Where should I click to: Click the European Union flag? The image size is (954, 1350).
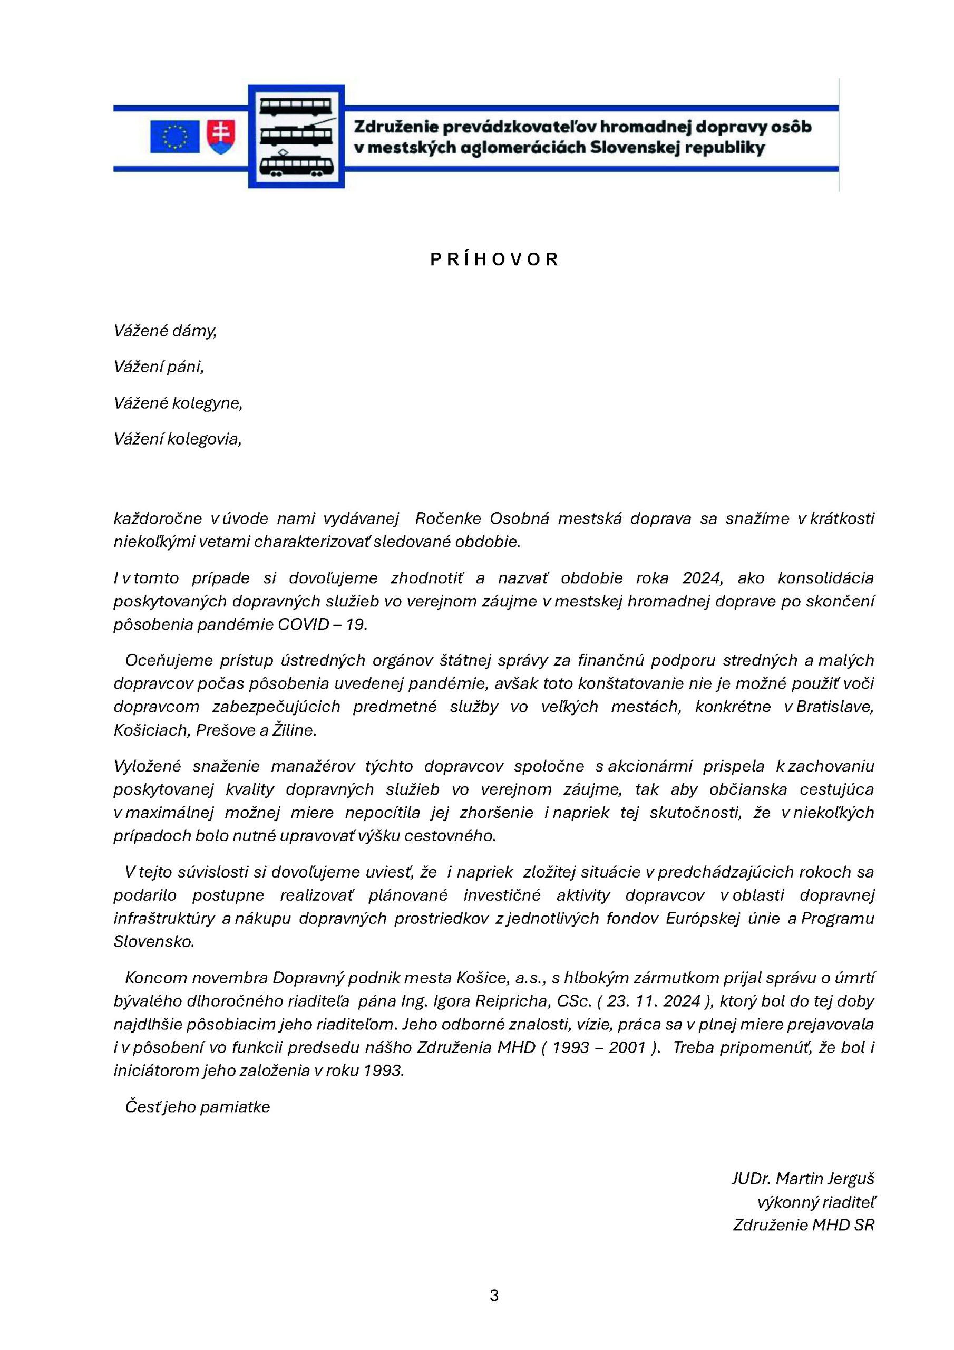[x=174, y=137]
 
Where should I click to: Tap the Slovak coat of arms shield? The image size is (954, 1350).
[x=221, y=137]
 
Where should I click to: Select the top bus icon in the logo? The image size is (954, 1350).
[x=296, y=107]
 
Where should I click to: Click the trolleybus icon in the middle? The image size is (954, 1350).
[x=296, y=135]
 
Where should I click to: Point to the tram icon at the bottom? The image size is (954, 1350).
[x=296, y=165]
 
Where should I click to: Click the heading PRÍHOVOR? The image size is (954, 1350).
[x=494, y=260]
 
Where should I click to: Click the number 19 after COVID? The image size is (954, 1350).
[x=356, y=624]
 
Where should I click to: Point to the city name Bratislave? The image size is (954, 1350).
[x=835, y=707]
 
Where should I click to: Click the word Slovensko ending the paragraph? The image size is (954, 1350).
[x=153, y=941]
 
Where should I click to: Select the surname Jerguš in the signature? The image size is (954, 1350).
[x=851, y=1178]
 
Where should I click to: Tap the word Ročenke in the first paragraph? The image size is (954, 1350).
[x=449, y=518]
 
